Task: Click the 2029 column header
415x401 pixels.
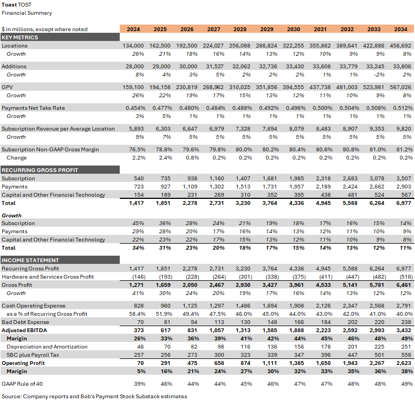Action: pyautogui.click(x=267, y=29)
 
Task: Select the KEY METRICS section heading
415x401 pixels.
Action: pyautogui.click(x=20, y=37)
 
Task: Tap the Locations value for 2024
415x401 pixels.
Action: pyautogui.click(x=133, y=46)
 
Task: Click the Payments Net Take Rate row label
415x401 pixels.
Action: pyautogui.click(x=33, y=108)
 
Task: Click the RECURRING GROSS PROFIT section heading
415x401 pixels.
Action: pyautogui.click(x=40, y=170)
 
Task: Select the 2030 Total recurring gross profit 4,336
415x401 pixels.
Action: pyautogui.click(x=294, y=203)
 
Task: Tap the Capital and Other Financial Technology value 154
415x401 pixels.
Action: pyautogui.click(x=137, y=194)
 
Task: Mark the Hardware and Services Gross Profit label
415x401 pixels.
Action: pyautogui.click(x=48, y=276)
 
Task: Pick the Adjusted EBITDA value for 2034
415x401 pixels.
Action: pyautogui.click(x=402, y=330)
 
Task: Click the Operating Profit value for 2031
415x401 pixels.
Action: pyautogui.click(x=320, y=363)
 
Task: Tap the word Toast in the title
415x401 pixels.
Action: pyautogui.click(x=9, y=4)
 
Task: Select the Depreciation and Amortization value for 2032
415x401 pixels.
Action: pyautogui.click(x=349, y=346)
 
